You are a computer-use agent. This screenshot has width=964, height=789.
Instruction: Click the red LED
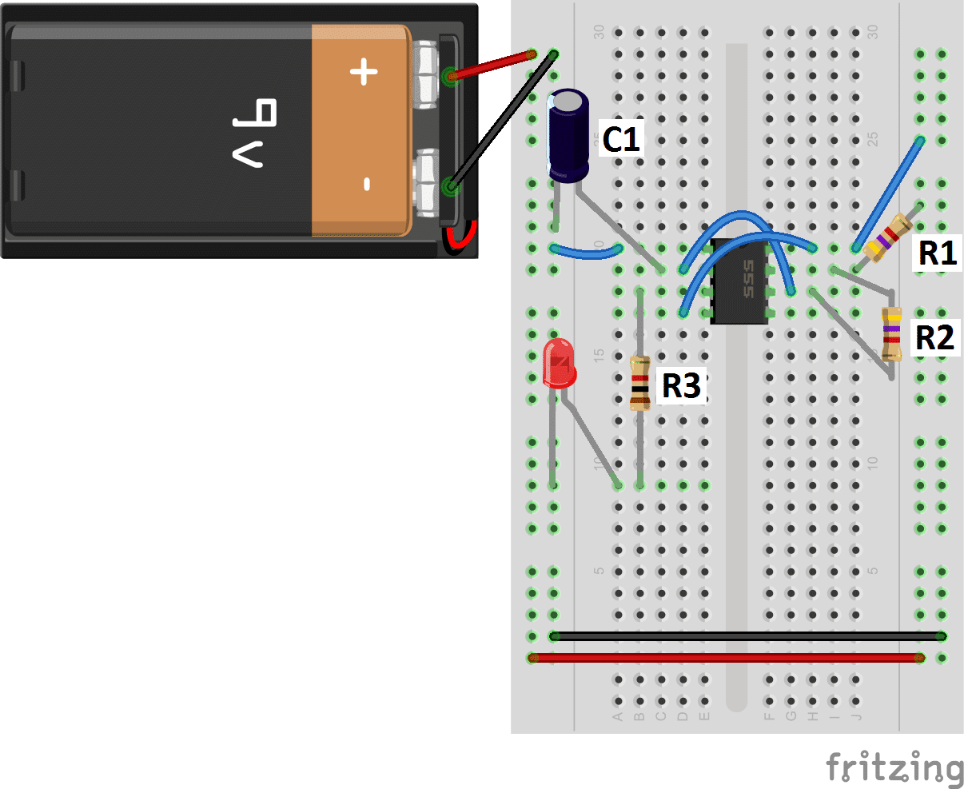pos(559,363)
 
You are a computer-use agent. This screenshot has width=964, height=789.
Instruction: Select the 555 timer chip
pos(739,280)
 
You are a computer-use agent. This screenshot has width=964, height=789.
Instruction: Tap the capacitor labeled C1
pos(568,135)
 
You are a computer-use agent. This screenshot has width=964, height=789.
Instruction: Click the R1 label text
pos(937,253)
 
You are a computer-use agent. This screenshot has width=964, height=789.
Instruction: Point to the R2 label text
pos(934,337)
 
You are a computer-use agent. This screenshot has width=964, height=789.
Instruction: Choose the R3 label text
pos(681,385)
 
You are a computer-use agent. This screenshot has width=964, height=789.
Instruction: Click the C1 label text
pos(621,139)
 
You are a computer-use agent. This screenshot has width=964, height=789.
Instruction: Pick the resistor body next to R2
pos(892,333)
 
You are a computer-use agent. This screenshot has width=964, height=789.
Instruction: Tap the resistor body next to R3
pos(639,383)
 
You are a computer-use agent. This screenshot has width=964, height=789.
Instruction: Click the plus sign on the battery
pos(364,73)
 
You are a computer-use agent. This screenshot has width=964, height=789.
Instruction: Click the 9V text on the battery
pos(254,133)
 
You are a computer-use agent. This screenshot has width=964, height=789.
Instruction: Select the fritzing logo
pos(894,768)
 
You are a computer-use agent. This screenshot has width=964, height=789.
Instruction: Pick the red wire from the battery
pos(492,66)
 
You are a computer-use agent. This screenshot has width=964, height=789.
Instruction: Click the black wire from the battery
pos(502,121)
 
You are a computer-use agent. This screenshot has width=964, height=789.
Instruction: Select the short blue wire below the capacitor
pos(587,254)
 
